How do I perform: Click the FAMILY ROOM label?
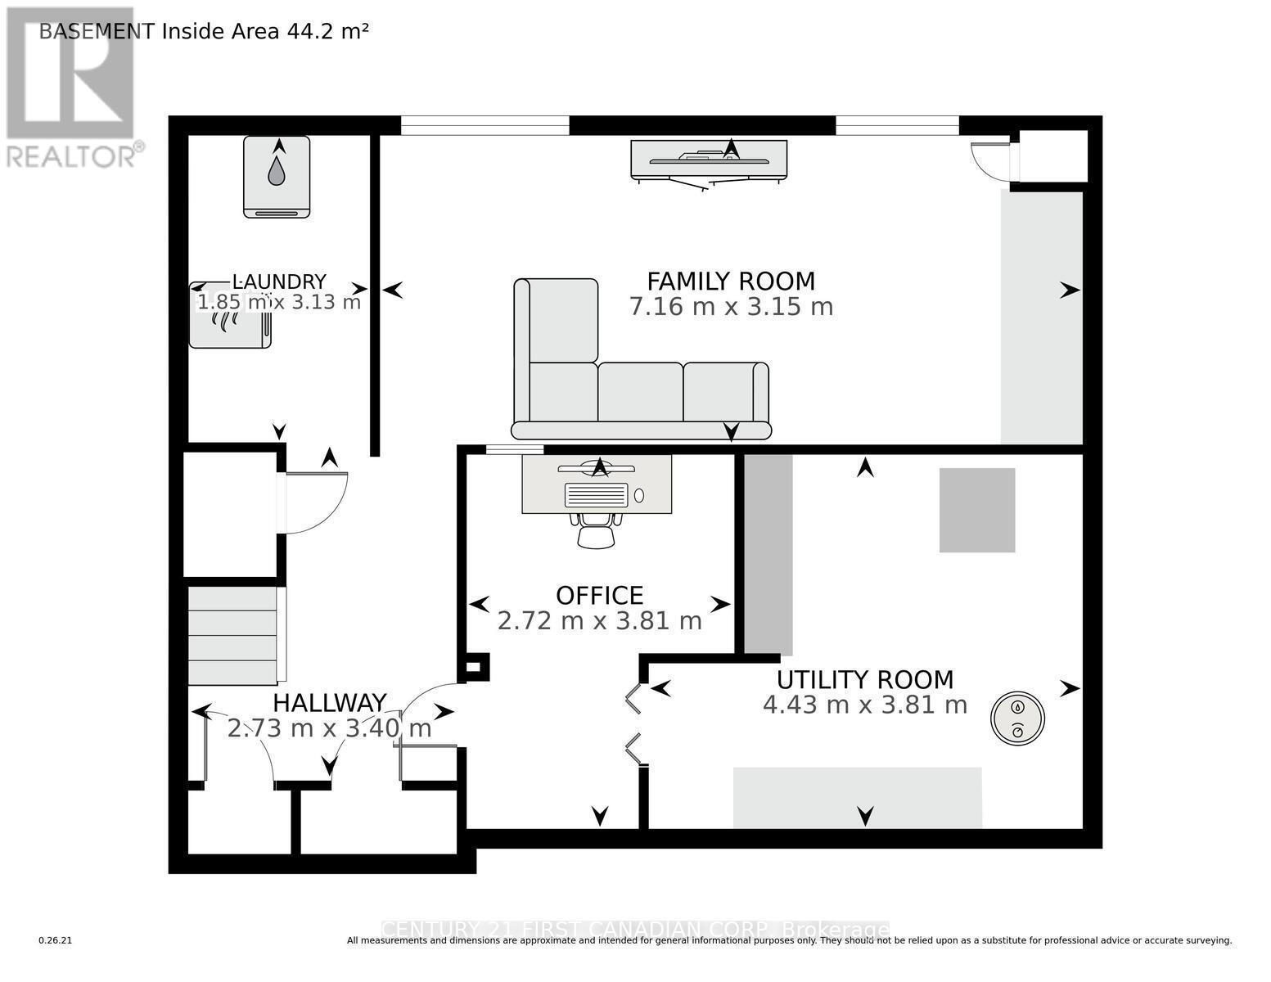(731, 281)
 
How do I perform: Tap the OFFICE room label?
(599, 595)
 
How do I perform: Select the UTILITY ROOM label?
(865, 679)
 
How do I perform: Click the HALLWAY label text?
(329, 703)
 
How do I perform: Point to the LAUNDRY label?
(279, 282)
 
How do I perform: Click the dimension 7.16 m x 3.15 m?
(731, 307)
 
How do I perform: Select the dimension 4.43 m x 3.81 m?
(865, 705)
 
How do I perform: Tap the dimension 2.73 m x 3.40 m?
(329, 728)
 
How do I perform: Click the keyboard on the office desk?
(597, 495)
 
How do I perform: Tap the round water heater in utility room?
(1017, 718)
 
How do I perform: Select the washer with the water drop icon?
(277, 176)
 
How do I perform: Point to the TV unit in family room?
(709, 159)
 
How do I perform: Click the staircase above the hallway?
(233, 635)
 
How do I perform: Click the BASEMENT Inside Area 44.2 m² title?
(204, 31)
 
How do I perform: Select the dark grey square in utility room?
(976, 510)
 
